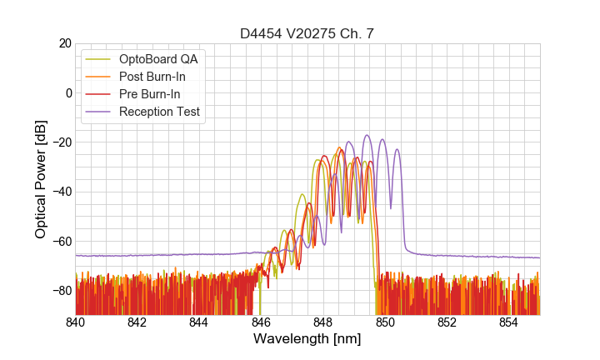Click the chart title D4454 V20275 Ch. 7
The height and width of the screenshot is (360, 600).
pos(307,33)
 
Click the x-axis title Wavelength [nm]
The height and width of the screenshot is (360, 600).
pos(307,339)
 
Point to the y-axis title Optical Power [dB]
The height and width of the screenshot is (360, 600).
pos(41,178)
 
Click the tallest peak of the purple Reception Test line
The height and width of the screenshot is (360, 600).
pos(366,135)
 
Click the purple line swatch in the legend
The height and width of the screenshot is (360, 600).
pos(99,112)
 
